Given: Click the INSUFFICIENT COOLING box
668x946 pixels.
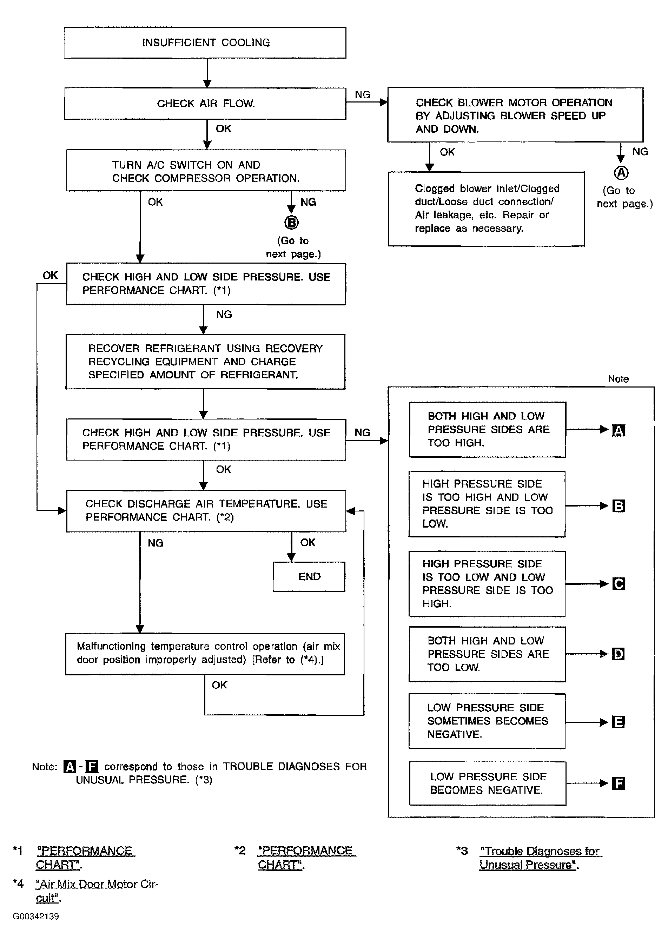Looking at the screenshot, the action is (x=205, y=43).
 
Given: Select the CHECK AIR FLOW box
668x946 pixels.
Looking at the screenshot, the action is (x=205, y=104).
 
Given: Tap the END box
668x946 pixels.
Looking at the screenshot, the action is (x=309, y=576).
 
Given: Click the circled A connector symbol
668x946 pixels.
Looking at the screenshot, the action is (x=621, y=173).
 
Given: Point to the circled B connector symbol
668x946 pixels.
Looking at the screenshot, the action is (x=291, y=223).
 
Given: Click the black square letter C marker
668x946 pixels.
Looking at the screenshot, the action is (x=619, y=584).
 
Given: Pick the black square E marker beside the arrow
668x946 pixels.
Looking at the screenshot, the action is (x=619, y=722).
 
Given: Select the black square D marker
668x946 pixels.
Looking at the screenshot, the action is (x=618, y=654).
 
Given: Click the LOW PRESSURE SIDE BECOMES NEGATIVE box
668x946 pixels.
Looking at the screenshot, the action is (x=488, y=783).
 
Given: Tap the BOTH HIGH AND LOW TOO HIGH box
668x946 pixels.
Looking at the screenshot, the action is (x=488, y=430).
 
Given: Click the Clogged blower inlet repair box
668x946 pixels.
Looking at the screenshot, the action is (x=486, y=209).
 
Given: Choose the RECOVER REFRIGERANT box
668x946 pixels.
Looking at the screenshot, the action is (x=205, y=362).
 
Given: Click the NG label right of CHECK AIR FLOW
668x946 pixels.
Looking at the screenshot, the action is (x=363, y=95).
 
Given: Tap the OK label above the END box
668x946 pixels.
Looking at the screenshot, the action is (x=308, y=543).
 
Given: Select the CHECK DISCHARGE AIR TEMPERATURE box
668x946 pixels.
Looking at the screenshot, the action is (x=206, y=511).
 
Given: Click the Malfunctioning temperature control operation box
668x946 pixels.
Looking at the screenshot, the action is (x=205, y=654).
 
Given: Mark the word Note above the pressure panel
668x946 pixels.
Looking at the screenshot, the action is (x=618, y=379).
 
